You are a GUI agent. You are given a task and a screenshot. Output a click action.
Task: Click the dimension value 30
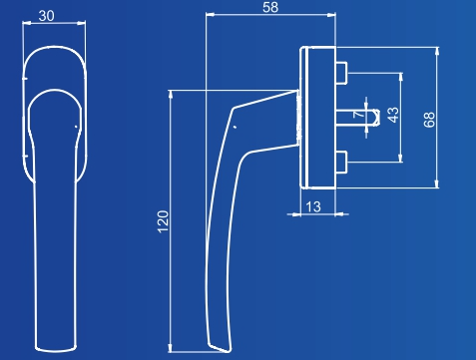point(46,16)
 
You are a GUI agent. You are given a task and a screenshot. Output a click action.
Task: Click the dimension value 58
point(270,7)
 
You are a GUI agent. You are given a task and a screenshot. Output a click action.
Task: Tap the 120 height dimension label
point(163,221)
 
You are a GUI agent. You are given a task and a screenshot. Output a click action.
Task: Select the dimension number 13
point(313,206)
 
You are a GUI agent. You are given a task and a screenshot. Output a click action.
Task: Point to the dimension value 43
point(393,115)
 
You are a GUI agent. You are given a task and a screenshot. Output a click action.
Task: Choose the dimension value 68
point(429,120)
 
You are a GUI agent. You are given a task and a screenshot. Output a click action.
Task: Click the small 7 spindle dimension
point(358,114)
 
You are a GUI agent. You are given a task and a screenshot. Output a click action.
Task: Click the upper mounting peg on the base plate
point(341,73)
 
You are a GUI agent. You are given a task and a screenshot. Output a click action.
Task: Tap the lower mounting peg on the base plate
point(341,163)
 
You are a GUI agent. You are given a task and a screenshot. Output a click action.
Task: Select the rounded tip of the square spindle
point(376,118)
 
